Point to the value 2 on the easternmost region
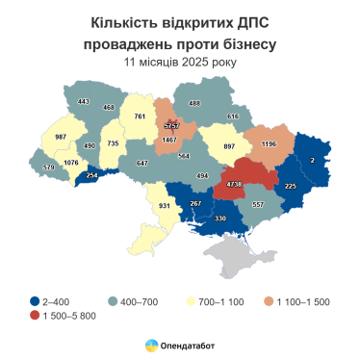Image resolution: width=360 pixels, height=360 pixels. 313,160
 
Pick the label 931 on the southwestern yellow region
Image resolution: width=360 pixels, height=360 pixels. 164,206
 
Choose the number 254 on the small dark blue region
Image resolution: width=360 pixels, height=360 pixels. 91,176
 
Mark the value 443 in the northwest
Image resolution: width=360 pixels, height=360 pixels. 83,102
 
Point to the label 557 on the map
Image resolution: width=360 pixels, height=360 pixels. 256,204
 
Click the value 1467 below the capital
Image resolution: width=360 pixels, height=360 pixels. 170,141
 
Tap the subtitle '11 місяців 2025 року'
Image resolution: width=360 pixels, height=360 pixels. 179,62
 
